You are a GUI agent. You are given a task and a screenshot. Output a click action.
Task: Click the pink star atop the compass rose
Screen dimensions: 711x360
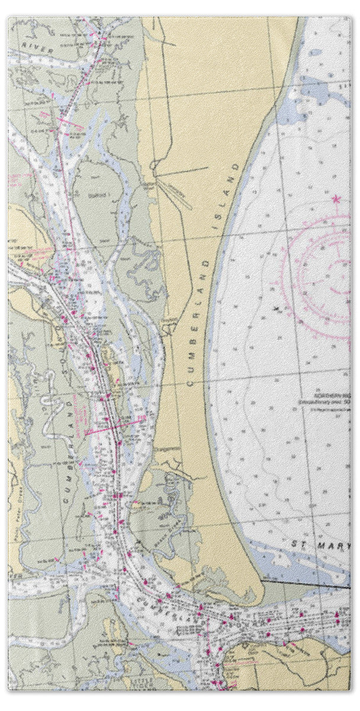tap(337, 199)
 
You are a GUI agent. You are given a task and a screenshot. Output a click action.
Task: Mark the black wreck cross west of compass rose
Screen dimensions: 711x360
tap(277, 308)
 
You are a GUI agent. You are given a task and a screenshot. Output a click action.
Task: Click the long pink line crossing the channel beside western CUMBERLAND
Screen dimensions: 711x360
tap(115, 425)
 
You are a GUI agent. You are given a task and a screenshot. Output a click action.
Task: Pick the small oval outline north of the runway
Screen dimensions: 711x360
tap(155, 165)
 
